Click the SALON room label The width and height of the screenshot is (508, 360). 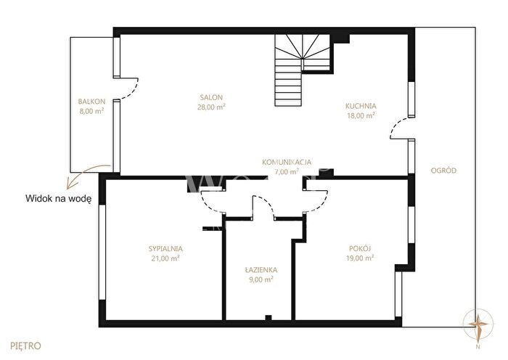(x=211, y=97)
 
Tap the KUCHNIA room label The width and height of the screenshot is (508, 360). (x=361, y=106)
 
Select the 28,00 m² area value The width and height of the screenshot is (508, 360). (x=211, y=107)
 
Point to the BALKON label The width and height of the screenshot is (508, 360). (x=91, y=102)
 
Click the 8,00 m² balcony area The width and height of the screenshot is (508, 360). (x=91, y=111)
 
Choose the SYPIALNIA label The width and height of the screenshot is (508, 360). (x=165, y=249)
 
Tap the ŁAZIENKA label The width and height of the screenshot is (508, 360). (x=261, y=269)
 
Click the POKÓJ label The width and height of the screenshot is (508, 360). (x=360, y=248)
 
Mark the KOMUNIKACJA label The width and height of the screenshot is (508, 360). (x=287, y=162)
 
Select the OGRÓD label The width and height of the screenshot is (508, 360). (x=443, y=171)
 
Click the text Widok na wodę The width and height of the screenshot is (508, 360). (x=58, y=199)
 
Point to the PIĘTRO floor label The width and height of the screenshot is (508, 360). (x=26, y=346)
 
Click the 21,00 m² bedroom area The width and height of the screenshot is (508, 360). (x=165, y=258)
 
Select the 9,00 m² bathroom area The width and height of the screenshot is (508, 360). (x=261, y=279)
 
